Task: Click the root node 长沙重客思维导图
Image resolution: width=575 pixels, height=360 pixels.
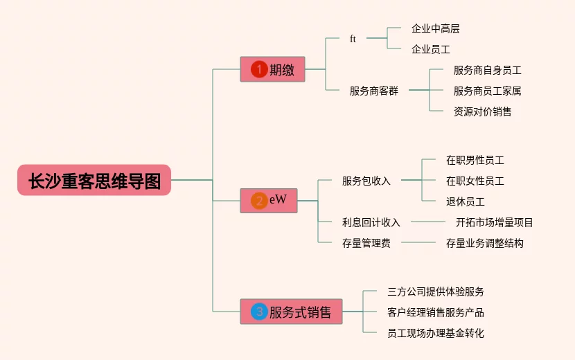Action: (x=94, y=180)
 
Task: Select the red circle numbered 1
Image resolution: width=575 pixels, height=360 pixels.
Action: (x=259, y=69)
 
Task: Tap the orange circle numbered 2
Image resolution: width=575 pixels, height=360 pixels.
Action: (x=259, y=201)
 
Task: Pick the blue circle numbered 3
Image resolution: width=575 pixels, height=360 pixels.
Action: (x=259, y=312)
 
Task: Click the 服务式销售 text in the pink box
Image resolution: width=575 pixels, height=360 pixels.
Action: (x=301, y=312)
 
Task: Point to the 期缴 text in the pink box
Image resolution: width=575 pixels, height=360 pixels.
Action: (x=282, y=70)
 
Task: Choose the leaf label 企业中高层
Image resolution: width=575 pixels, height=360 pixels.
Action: (x=435, y=28)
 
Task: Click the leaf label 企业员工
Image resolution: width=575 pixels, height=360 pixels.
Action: (x=430, y=49)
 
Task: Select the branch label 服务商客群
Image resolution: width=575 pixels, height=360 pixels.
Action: (x=374, y=91)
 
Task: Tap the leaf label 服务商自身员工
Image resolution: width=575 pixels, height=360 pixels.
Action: (x=487, y=70)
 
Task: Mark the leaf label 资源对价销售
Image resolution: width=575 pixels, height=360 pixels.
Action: (x=482, y=111)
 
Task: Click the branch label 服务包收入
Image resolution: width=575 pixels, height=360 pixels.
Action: (x=366, y=181)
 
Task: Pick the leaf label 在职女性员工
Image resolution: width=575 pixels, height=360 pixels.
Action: (x=475, y=181)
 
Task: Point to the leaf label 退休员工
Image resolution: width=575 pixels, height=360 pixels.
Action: (x=465, y=201)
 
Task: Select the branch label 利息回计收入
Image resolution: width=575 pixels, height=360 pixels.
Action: (x=371, y=222)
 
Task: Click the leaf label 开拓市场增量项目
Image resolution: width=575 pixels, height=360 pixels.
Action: (x=494, y=222)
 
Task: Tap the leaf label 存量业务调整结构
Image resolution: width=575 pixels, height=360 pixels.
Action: (x=484, y=243)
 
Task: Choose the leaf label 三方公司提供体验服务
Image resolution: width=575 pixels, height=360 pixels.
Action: (x=435, y=291)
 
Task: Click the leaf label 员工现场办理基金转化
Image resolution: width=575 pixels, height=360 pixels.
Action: (x=435, y=333)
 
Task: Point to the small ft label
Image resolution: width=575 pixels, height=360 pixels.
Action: (x=353, y=39)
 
